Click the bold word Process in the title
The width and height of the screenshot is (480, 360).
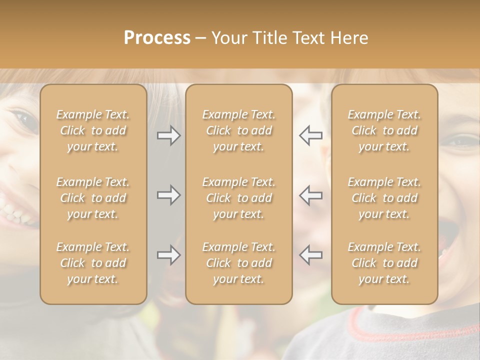(x=157, y=38)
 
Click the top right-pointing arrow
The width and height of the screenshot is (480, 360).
(x=168, y=135)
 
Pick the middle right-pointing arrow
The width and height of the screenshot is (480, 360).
(x=168, y=195)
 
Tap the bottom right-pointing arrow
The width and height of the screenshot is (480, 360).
(x=168, y=255)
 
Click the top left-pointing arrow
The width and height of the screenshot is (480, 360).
(x=310, y=135)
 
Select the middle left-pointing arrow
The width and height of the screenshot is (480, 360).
(x=310, y=195)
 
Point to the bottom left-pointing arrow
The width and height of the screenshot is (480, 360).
(x=310, y=255)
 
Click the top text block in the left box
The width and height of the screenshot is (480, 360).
(x=93, y=130)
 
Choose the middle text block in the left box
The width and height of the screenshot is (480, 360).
(x=93, y=198)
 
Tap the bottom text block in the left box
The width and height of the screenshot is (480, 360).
(x=93, y=263)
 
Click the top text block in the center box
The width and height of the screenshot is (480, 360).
(x=238, y=130)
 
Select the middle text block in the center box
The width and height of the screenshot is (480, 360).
(x=238, y=198)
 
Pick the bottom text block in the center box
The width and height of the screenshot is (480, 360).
(x=238, y=263)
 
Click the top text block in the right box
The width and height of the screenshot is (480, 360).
(x=384, y=130)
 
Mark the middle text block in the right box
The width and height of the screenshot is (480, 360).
(x=384, y=198)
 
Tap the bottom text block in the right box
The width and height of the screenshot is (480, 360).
(x=384, y=263)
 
